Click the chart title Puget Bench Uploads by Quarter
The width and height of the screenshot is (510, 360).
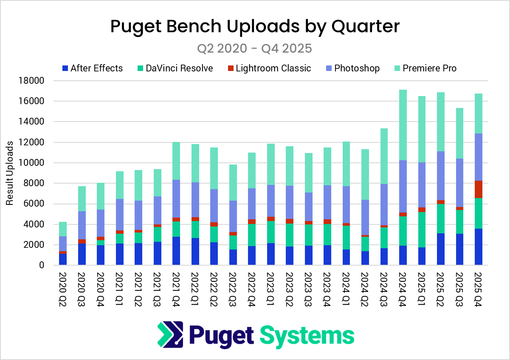tap(255, 26)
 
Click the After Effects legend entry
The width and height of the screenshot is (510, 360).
tap(92, 68)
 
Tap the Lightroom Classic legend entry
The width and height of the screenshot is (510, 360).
tap(268, 68)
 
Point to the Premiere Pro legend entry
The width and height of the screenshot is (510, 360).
tap(424, 68)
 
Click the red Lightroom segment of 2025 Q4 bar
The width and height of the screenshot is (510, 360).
tap(479, 190)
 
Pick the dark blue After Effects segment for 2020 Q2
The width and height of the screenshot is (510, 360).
tap(63, 259)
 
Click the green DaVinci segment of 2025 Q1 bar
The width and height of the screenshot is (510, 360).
tap(422, 230)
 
